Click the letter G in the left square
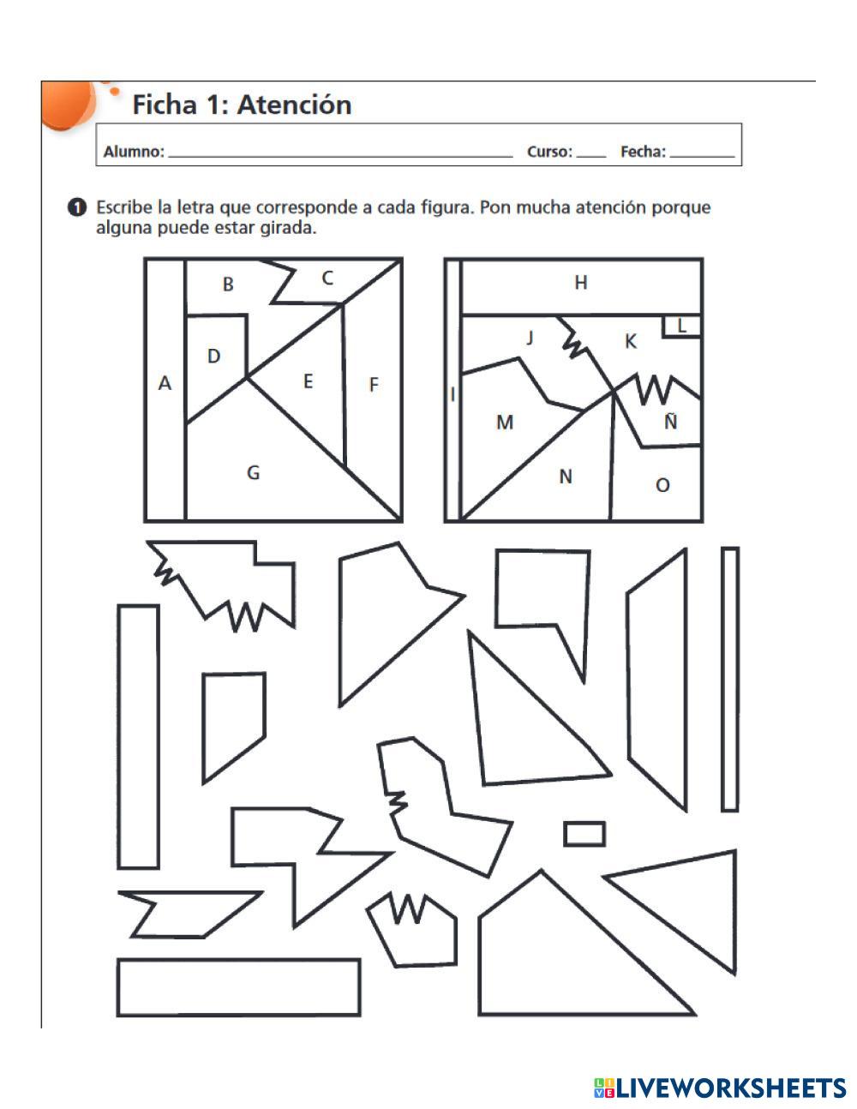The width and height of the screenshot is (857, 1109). click(x=253, y=472)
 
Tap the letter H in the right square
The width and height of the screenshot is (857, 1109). click(x=580, y=282)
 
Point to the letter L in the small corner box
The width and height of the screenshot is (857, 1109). click(x=681, y=327)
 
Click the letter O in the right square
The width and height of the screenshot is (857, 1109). click(x=662, y=485)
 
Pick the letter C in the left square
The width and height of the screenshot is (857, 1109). click(x=327, y=279)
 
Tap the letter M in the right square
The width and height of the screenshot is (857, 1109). click(x=505, y=422)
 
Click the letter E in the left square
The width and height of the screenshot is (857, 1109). click(x=308, y=381)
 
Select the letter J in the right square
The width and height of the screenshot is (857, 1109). click(x=530, y=338)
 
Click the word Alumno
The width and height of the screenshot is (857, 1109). click(x=134, y=152)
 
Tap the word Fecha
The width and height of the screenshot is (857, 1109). click(x=643, y=152)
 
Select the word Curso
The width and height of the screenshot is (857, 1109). click(x=549, y=152)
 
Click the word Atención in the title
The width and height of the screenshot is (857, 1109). click(x=294, y=105)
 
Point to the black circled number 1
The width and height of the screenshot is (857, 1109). click(x=77, y=208)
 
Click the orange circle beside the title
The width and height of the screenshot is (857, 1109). click(x=68, y=104)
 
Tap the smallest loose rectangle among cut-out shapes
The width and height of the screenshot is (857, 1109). click(x=584, y=833)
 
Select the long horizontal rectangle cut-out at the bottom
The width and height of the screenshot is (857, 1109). click(x=239, y=987)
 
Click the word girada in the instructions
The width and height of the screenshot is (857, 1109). click(x=288, y=228)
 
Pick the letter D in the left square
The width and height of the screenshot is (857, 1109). click(x=213, y=356)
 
